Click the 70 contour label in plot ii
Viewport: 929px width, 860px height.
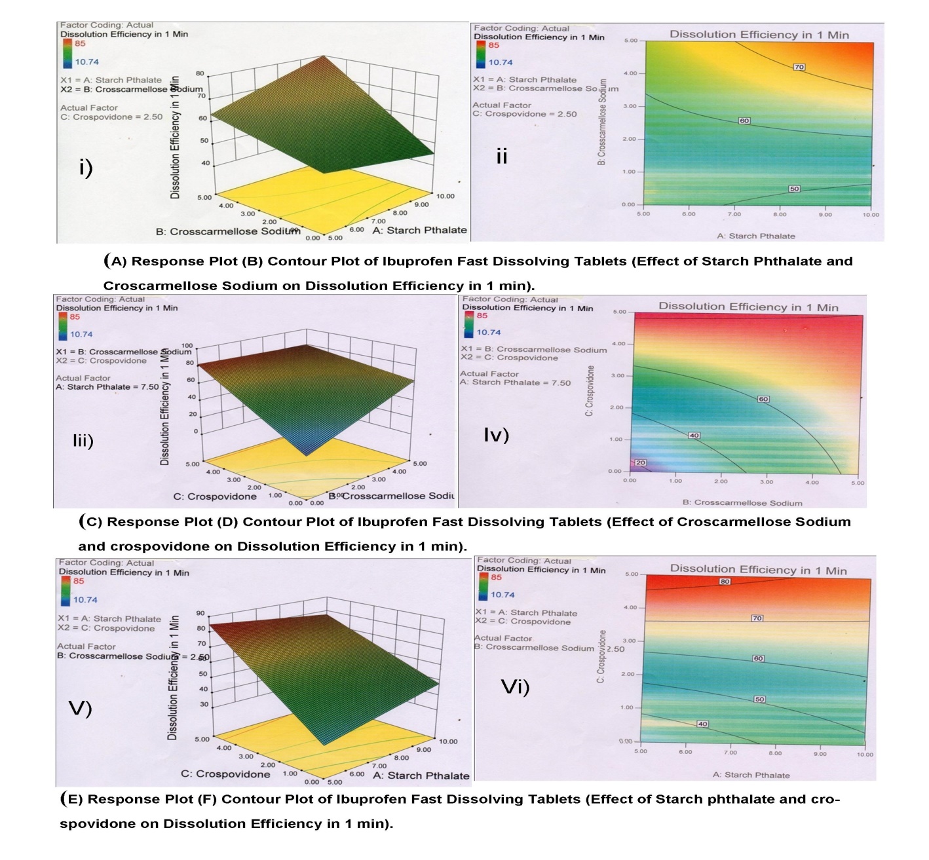[x=799, y=67]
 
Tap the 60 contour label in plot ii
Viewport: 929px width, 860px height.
[x=744, y=121]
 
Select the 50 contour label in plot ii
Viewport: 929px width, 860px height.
[x=794, y=189]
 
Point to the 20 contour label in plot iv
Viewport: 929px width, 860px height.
[x=641, y=462]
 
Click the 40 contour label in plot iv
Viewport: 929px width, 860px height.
[x=694, y=436]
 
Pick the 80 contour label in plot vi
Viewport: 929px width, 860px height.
[x=725, y=581]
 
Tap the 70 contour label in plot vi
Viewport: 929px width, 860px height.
[x=757, y=618]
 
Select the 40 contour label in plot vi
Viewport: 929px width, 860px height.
[x=702, y=724]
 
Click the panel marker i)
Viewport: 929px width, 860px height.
[x=86, y=168]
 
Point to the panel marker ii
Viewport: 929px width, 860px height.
[x=502, y=156]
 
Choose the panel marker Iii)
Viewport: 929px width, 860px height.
[x=83, y=440]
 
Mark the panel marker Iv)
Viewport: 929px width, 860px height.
[x=496, y=434]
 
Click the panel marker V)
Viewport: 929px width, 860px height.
[x=80, y=708]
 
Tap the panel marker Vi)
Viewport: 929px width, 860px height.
[x=515, y=686]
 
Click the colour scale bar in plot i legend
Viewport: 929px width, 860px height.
[x=67, y=53]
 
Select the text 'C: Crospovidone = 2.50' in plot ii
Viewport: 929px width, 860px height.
[x=525, y=114]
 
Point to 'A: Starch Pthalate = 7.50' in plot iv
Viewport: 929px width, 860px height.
[x=515, y=383]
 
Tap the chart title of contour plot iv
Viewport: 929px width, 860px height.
[x=748, y=307]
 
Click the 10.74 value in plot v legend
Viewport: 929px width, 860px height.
[x=85, y=599]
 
